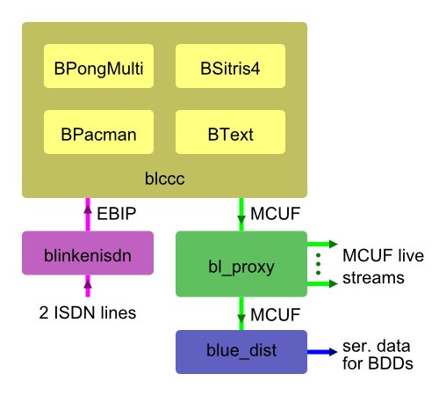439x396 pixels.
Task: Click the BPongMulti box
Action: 98,66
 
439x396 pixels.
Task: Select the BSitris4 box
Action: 230,66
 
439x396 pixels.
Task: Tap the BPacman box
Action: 98,132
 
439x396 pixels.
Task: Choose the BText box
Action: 230,132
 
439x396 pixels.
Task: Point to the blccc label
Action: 165,179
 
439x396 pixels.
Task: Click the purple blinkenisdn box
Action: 88,253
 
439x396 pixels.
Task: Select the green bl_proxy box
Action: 241,264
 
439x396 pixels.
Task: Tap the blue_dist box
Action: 241,352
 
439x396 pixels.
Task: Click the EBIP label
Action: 117,214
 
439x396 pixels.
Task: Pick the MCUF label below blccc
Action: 276,214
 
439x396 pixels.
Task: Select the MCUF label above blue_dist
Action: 276,315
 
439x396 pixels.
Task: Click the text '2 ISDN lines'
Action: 88,312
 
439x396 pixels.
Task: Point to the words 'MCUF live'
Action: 383,255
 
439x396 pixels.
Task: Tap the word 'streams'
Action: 373,278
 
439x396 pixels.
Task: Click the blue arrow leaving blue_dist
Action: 322,352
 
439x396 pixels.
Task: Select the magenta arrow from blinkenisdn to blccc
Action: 88,215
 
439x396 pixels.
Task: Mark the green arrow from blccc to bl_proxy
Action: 241,215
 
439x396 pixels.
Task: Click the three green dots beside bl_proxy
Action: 319,264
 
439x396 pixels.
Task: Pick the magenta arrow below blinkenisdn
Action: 88,286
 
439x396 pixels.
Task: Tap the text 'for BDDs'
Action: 378,363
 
